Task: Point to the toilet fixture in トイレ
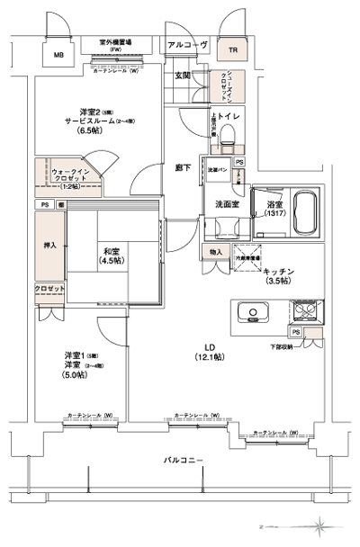(228, 136)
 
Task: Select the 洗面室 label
(225, 205)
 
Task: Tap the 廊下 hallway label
(183, 166)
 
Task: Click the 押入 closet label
(49, 245)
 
